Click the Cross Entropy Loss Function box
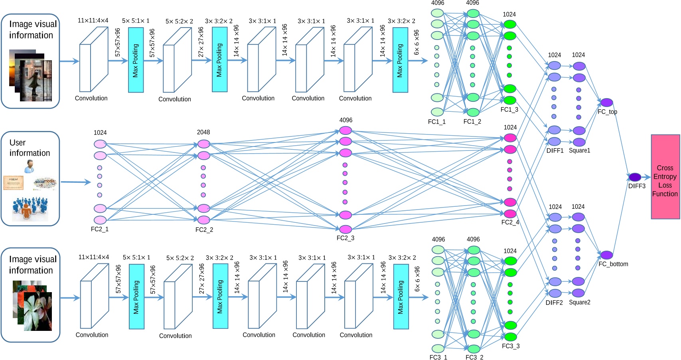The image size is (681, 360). [x=665, y=177]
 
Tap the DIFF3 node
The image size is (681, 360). [x=635, y=177]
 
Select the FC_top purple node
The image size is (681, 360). [x=606, y=103]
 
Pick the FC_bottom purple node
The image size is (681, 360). [x=606, y=255]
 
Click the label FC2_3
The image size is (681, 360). [x=345, y=238]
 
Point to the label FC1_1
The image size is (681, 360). [x=436, y=122]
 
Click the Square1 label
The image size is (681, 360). [x=579, y=150]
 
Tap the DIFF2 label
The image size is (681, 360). [x=554, y=303]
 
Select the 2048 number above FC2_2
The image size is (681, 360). [x=203, y=132]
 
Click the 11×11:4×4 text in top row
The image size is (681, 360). [x=93, y=20]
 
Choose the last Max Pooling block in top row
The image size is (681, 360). [x=400, y=60]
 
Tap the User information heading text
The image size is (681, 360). [x=30, y=148]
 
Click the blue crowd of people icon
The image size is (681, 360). [x=30, y=208]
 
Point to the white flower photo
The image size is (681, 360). [x=38, y=311]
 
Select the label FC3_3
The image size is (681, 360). [x=510, y=346]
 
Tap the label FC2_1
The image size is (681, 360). [x=99, y=229]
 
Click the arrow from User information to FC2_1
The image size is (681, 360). [x=76, y=182]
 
